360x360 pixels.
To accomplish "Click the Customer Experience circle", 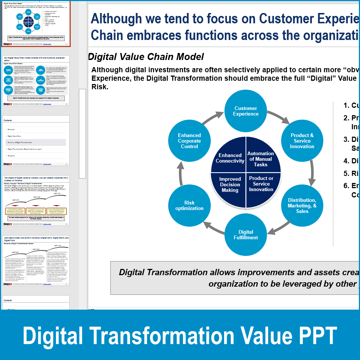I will (246, 111).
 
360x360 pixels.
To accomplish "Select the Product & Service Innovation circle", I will (302, 141).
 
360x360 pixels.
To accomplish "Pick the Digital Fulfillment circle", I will (246, 235).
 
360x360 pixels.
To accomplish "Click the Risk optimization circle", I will (189, 206).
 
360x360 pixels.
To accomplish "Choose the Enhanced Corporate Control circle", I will (189, 141).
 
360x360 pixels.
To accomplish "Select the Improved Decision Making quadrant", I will (230, 184).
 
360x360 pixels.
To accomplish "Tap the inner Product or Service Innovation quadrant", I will (261, 184).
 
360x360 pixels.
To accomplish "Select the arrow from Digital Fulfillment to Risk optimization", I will (214, 229).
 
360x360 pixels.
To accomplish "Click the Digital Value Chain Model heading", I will (146, 57).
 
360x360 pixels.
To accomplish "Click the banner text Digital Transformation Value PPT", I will (180, 336).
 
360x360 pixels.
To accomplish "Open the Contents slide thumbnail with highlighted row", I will (36, 140).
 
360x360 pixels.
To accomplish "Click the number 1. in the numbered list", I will (346, 105).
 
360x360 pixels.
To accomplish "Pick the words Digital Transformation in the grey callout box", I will (163, 272).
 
